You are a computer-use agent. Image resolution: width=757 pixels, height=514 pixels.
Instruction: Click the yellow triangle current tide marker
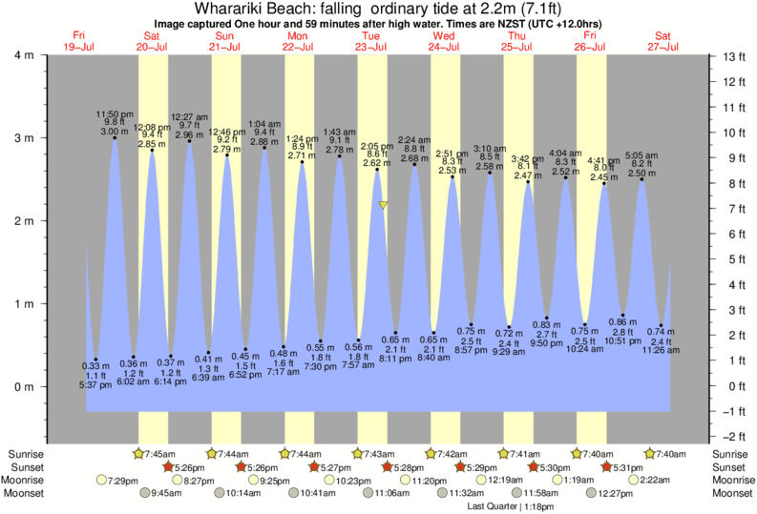tap(383, 204)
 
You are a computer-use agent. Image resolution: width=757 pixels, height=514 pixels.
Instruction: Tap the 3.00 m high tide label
tap(114, 131)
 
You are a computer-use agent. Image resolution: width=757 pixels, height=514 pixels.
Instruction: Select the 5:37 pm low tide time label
tap(95, 383)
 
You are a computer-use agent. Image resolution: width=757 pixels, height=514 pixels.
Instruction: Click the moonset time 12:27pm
tap(622, 493)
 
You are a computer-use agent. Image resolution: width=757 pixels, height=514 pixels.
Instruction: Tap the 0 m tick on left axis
tap(22, 386)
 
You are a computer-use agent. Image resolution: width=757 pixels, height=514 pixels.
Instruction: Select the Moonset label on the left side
tap(27, 493)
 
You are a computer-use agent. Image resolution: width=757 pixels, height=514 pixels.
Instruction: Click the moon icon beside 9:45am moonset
tap(146, 493)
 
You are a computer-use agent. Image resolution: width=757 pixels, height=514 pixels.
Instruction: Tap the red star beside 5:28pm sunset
tap(388, 466)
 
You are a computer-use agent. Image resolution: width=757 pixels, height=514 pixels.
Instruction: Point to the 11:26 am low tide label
tap(661, 350)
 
